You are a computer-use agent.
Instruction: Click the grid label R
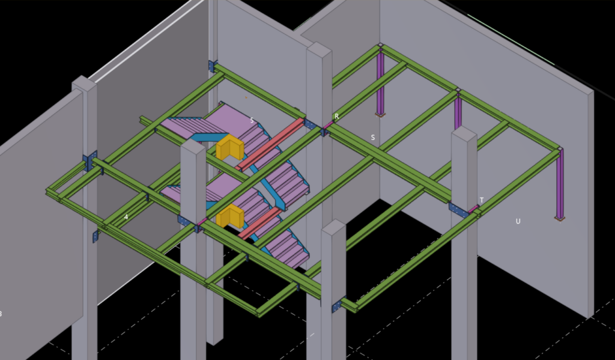[x=336, y=117]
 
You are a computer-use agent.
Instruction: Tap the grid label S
[x=372, y=138]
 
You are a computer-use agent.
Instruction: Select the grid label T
[x=482, y=200]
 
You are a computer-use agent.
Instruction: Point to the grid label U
[x=518, y=221]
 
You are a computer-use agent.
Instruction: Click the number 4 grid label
[x=126, y=217]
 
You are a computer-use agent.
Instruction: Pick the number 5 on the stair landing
[x=252, y=121]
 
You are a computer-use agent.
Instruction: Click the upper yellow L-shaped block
[x=230, y=147]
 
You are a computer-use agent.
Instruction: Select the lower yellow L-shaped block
[x=230, y=216]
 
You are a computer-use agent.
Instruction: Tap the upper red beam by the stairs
[x=271, y=144]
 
